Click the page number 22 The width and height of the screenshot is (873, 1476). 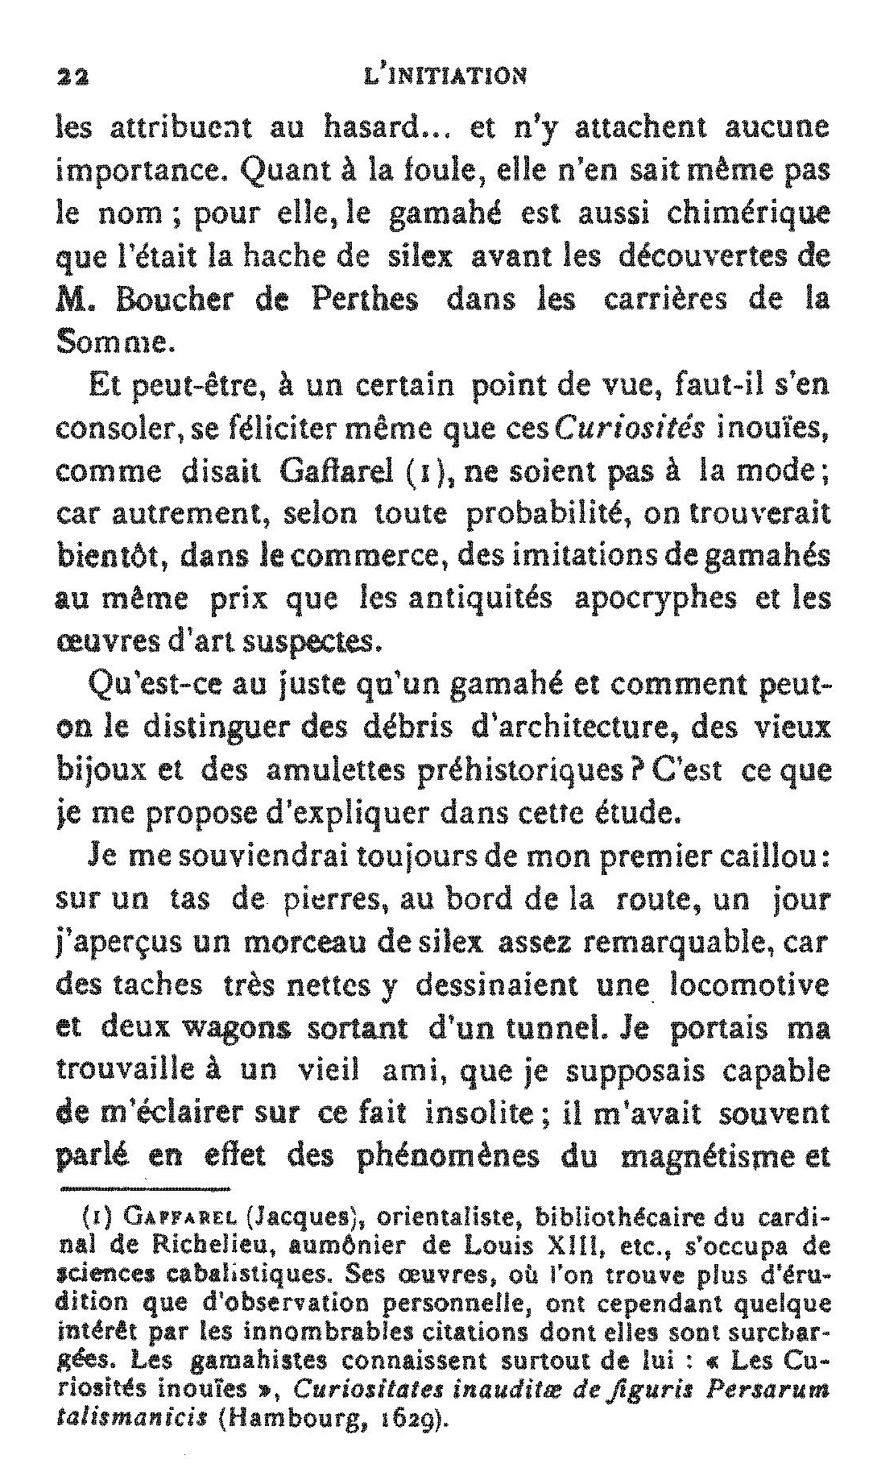pyautogui.click(x=73, y=77)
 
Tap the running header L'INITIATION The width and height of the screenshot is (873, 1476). pyautogui.click(x=445, y=76)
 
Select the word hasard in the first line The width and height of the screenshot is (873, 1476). pyautogui.click(x=370, y=126)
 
